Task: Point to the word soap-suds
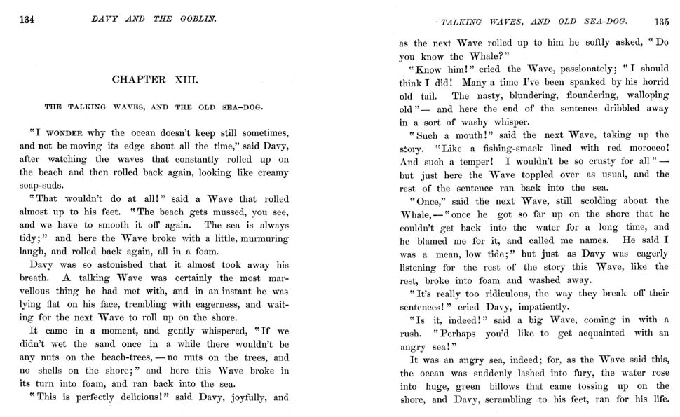41,185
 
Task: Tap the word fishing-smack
524,149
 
